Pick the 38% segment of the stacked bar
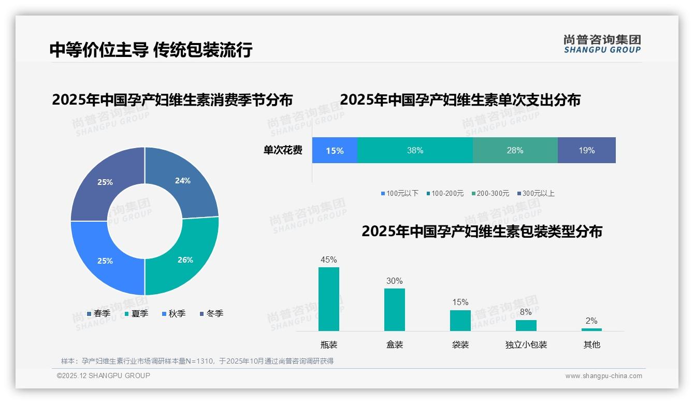(415, 150)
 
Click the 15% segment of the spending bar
(335, 150)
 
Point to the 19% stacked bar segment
(586, 150)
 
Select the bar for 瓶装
(329, 299)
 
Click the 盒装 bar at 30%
(395, 309)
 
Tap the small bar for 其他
(591, 329)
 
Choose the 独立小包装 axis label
(526, 344)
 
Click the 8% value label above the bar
(526, 312)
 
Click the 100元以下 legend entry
(399, 193)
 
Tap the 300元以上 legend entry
(536, 193)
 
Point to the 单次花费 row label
(283, 150)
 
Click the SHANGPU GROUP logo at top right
(602, 44)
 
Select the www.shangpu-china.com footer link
(603, 376)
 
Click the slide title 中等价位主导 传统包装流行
(151, 50)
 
